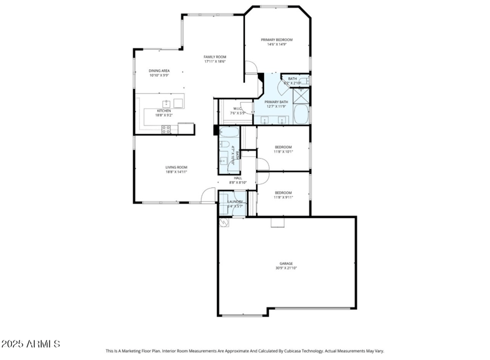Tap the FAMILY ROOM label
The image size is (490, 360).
coord(215,57)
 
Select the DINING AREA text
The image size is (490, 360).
coord(159,71)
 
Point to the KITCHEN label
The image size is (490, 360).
coord(164,111)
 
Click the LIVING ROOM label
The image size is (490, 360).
coord(176,167)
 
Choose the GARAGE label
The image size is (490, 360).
coord(287,264)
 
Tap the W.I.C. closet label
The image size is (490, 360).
coord(238,109)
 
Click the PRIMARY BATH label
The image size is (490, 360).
coord(276,102)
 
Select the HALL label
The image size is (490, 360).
coord(238,178)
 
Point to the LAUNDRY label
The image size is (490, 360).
coord(236,201)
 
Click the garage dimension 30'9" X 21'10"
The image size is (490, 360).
coord(287,268)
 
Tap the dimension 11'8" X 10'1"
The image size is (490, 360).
coord(283,151)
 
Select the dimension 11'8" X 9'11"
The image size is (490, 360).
coord(283,197)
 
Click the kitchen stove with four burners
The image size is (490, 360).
coord(166,129)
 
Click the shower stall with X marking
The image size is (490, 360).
coord(301,96)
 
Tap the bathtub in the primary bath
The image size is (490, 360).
coord(301,114)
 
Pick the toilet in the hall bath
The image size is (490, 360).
coord(225,145)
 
